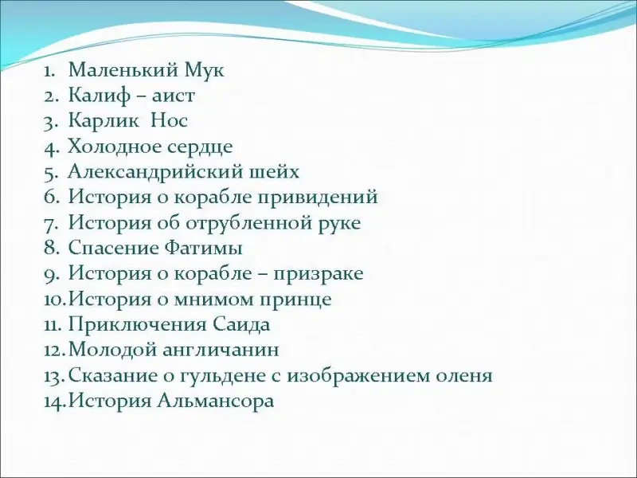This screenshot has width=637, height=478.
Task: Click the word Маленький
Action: pos(123,70)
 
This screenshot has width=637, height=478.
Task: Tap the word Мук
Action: pos(204,70)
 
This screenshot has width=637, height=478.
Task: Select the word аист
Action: pos(174,96)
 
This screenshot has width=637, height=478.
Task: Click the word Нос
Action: pos(169,121)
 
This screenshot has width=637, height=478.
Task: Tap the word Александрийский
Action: pos(154,172)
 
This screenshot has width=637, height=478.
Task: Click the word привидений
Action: pos(318,198)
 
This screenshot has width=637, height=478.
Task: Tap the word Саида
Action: pos(241,325)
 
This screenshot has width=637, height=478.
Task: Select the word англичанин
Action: pos(221,351)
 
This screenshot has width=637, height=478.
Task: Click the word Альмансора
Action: pos(216,402)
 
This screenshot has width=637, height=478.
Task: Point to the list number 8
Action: pos(52,249)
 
